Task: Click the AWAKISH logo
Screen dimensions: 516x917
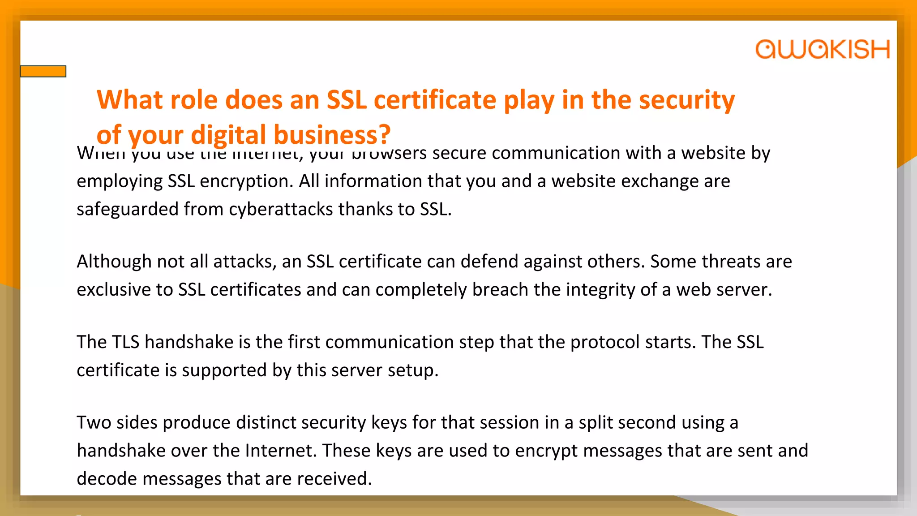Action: point(822,49)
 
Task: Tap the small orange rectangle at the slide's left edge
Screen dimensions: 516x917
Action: point(43,71)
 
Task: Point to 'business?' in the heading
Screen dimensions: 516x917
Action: point(332,134)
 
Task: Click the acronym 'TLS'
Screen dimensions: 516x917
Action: point(126,342)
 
